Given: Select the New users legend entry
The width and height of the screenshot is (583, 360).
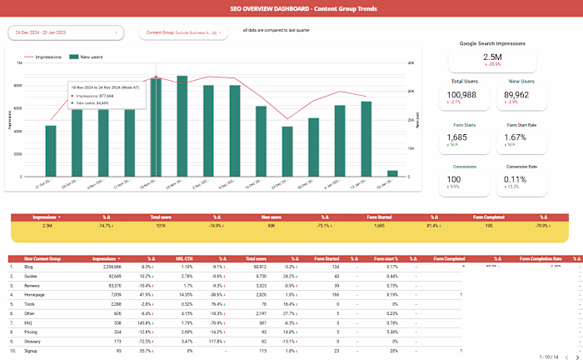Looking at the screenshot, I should tap(87, 57).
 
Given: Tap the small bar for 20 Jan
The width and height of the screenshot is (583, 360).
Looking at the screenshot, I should tap(392, 173).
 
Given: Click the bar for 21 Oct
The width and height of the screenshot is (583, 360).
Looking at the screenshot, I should tap(51, 151).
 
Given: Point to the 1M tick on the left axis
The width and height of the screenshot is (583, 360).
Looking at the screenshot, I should tap(18, 62).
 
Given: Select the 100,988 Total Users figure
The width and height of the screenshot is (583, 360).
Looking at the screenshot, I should tap(467, 94).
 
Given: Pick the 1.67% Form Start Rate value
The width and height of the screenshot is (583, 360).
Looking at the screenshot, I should tap(516, 137).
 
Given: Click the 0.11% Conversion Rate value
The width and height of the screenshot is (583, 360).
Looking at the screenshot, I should tap(516, 179).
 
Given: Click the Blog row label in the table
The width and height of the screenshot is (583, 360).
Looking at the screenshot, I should tap(30, 267).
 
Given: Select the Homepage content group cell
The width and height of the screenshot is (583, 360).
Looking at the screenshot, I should tap(36, 295).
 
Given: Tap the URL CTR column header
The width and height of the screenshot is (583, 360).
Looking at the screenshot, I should tap(187, 258).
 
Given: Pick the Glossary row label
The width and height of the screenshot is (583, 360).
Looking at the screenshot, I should tap(34, 341).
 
